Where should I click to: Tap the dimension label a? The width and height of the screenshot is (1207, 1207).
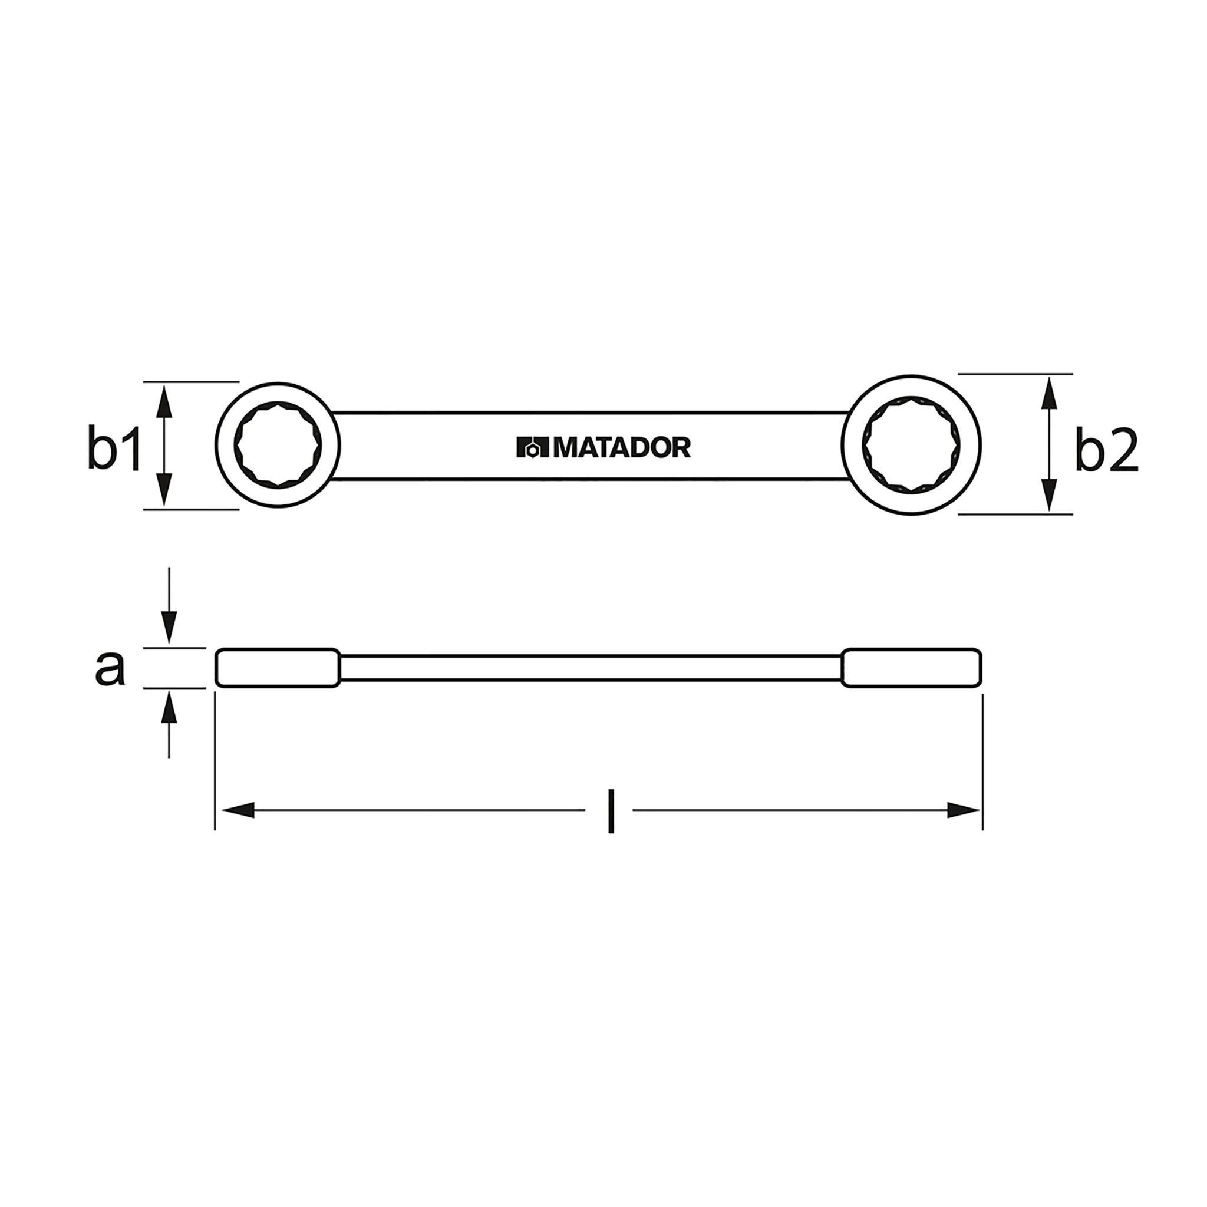[110, 668]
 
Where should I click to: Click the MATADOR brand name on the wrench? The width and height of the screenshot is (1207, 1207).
[622, 447]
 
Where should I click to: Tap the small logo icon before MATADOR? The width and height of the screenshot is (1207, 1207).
[532, 448]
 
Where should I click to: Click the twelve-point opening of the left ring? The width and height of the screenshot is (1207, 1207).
[278, 445]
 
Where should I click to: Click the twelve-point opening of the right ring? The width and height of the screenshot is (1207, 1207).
[912, 445]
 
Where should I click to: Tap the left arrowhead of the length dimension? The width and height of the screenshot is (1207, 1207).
[238, 810]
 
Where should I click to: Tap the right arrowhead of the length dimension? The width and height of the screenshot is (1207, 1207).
[964, 810]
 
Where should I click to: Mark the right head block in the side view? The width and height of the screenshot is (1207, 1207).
[912, 668]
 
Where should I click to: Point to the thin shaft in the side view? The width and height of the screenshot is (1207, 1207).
[591, 668]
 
